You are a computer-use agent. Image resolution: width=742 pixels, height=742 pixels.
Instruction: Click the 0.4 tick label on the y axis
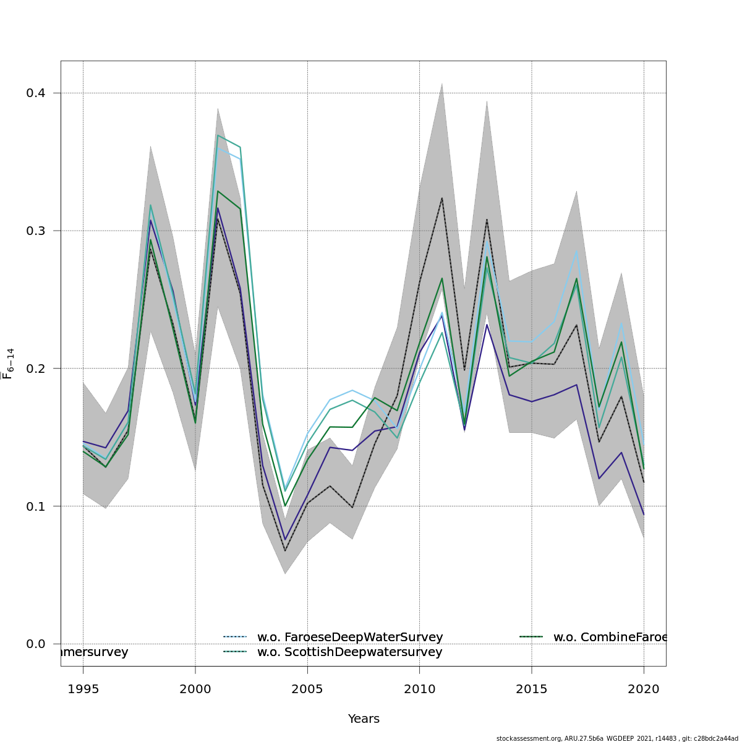coord(35,93)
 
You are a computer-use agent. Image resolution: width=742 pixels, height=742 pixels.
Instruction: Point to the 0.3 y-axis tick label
coord(35,231)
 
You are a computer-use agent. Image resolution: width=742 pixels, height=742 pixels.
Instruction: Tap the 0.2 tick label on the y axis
coord(35,369)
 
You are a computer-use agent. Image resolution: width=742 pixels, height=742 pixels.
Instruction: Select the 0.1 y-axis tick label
coord(35,506)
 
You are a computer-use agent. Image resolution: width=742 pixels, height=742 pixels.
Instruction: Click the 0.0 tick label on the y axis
coord(35,644)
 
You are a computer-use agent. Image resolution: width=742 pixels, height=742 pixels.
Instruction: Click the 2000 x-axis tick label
coord(195,689)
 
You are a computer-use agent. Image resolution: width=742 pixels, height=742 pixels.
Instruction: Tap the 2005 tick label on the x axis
coord(307,689)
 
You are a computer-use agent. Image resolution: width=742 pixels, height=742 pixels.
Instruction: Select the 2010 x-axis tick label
coord(419,689)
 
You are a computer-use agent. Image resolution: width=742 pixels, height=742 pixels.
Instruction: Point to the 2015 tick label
coord(531,689)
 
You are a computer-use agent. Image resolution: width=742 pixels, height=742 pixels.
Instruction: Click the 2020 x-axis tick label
coord(644,689)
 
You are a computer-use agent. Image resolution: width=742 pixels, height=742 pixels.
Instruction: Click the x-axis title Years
coord(364,719)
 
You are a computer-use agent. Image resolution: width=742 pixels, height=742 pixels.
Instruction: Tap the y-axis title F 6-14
coord(8,364)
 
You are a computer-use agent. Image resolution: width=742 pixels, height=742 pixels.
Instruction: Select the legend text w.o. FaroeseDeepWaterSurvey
coord(350,637)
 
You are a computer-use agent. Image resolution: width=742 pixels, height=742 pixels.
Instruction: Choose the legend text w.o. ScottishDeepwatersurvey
coord(349,652)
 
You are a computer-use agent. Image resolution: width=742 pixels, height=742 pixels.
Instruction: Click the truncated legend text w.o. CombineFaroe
coord(610,637)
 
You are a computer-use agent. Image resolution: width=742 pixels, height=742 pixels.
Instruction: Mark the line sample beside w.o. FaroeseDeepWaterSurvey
coord(235,636)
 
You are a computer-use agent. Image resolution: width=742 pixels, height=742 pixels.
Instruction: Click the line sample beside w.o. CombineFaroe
coord(531,636)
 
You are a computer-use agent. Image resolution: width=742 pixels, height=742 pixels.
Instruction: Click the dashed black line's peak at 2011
coord(441,198)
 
